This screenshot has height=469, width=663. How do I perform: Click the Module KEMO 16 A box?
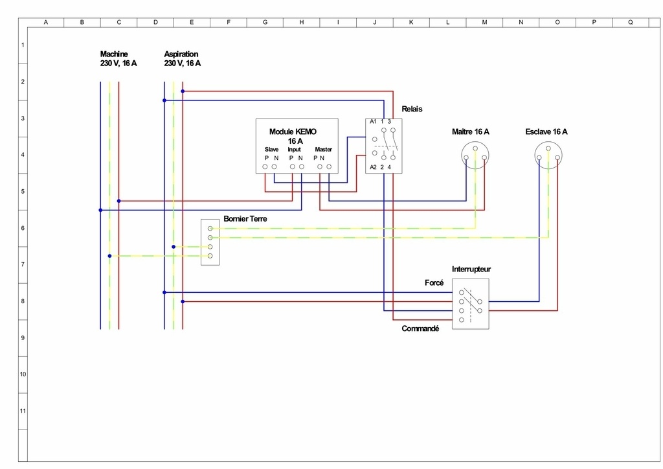coord(297,146)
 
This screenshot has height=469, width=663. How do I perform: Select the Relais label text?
coord(412,109)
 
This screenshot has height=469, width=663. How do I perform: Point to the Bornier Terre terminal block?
coord(210,242)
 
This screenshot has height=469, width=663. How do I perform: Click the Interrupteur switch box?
coord(470,304)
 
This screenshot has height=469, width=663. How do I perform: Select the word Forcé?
coord(434,283)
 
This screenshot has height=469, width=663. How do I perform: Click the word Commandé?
coord(420,328)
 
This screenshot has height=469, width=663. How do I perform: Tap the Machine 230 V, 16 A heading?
coord(118,59)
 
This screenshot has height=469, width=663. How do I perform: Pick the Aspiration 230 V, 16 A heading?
coord(182,59)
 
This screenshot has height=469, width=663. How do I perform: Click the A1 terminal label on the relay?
coord(373,122)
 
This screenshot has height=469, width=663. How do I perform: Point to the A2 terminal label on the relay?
coord(373,168)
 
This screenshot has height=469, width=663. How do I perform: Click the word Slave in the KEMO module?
coord(271,150)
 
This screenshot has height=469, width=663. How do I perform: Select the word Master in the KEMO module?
coord(323,150)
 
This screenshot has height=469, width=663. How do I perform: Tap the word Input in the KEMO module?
coord(294,150)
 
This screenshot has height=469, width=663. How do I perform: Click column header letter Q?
coord(631,22)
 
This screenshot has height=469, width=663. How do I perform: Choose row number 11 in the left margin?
coord(23,411)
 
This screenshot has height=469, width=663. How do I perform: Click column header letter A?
coord(45,22)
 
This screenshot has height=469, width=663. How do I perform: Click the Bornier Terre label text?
coord(245,219)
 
